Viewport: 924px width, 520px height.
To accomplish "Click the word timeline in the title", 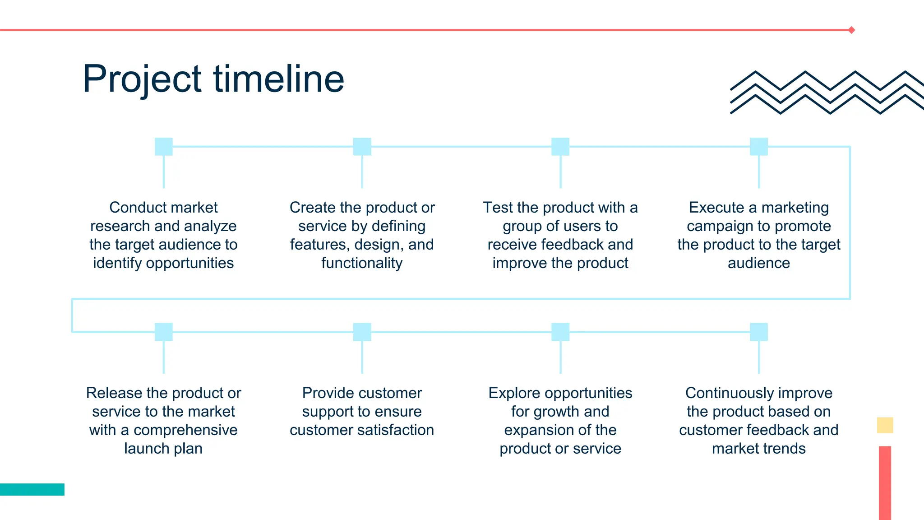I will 278,79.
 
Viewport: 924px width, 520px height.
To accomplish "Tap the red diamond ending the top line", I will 851,30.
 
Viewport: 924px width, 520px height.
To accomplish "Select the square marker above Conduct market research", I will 164,147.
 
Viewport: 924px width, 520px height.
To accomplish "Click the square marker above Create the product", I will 362,147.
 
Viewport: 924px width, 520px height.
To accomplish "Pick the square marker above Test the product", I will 560,147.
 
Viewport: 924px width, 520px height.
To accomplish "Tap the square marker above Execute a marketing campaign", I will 759,147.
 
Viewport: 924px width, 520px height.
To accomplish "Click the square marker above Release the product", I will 164,332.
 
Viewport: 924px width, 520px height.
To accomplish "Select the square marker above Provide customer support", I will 362,332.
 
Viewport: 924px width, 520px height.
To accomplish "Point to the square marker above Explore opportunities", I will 560,332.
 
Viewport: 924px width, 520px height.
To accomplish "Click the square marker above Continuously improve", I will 759,332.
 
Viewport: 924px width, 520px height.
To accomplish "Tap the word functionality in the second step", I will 362,263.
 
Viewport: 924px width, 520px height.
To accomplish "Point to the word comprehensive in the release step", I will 185,430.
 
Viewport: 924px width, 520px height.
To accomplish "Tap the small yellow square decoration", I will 885,425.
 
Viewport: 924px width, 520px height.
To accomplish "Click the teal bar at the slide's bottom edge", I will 32,489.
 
